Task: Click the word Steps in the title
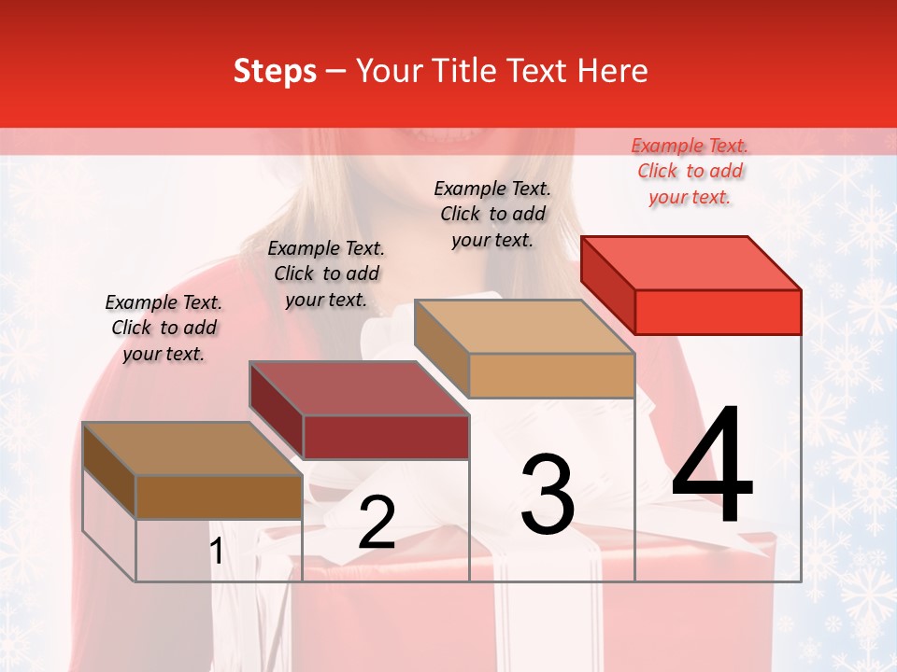tap(275, 71)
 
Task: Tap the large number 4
tap(712, 466)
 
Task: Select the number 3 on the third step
tap(548, 495)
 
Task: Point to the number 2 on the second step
tap(377, 523)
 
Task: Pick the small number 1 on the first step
tap(217, 552)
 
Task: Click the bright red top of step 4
tap(691, 263)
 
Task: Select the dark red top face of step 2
tap(359, 388)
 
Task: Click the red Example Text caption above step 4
tap(690, 171)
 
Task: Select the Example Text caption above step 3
tap(492, 214)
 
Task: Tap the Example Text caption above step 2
tap(326, 273)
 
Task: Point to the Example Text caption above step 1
tap(164, 328)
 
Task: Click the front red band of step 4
tap(718, 312)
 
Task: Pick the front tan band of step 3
tap(551, 375)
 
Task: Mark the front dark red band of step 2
tap(386, 437)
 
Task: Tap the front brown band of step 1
tap(219, 497)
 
